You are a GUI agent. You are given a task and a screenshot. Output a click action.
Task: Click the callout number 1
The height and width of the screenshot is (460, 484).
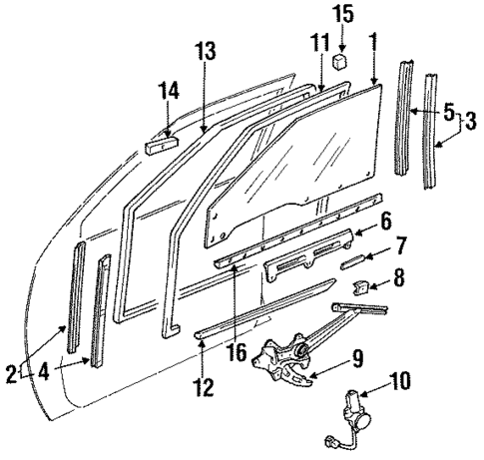tap(373, 44)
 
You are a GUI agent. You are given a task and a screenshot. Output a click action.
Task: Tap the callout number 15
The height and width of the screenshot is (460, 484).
tap(342, 16)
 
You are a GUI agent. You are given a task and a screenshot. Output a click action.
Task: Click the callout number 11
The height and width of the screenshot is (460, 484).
tap(318, 43)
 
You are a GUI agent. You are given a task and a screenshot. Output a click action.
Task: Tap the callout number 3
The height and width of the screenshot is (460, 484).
tap(470, 123)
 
